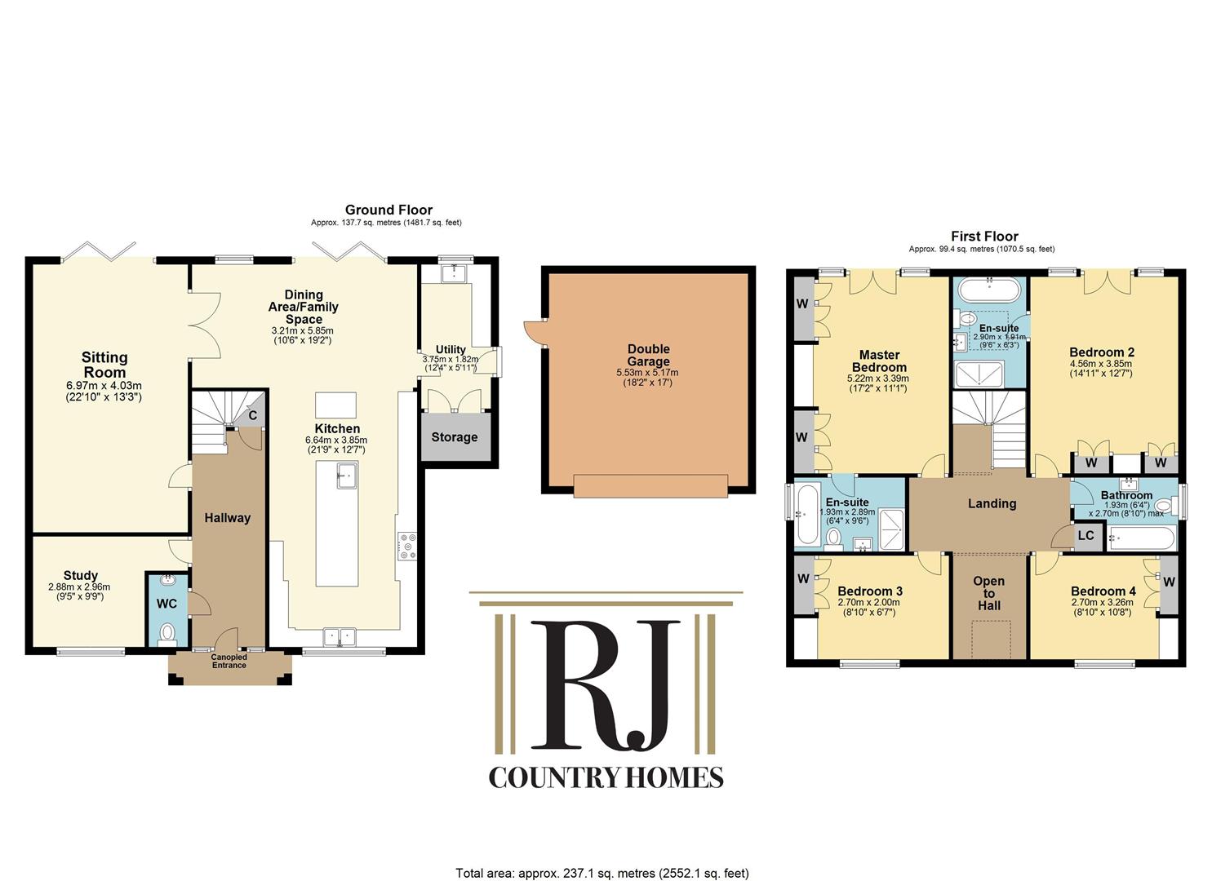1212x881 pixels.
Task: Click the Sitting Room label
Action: pyautogui.click(x=104, y=365)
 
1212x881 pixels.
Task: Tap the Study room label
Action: pyautogui.click(x=81, y=575)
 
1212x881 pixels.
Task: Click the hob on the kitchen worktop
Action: pyautogui.click(x=407, y=547)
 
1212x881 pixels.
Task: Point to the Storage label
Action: pyautogui.click(x=455, y=437)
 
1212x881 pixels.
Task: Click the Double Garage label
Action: pyautogui.click(x=648, y=356)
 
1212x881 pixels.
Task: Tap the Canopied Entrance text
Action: pyautogui.click(x=229, y=661)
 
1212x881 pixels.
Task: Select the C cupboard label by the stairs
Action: pyautogui.click(x=253, y=416)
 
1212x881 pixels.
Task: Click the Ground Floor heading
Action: pyautogui.click(x=388, y=210)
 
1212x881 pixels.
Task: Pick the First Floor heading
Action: pyautogui.click(x=985, y=237)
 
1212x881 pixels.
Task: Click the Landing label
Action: pyautogui.click(x=992, y=503)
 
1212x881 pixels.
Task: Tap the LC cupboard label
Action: pyautogui.click(x=1086, y=535)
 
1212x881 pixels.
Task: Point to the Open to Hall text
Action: pyautogui.click(x=989, y=593)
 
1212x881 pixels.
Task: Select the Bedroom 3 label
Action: pyautogui.click(x=870, y=591)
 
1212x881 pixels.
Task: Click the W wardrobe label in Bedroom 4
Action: pyautogui.click(x=1169, y=582)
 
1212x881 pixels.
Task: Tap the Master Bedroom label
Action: pyautogui.click(x=879, y=361)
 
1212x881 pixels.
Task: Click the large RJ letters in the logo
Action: pyautogui.click(x=606, y=685)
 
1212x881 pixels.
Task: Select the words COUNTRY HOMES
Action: pyautogui.click(x=606, y=778)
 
